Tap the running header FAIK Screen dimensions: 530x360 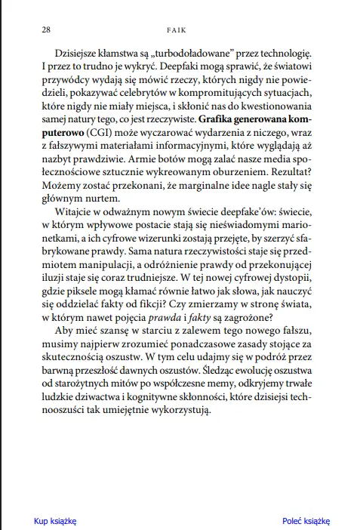click(x=180, y=30)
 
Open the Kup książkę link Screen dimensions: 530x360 click(x=54, y=520)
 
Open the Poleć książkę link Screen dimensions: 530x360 click(x=306, y=520)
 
